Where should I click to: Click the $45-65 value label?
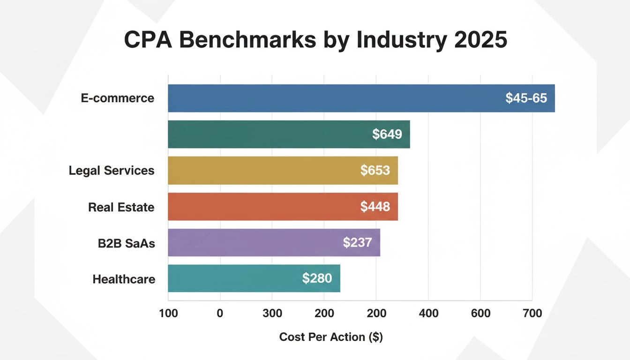coord(526,98)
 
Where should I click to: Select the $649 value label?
coord(387,135)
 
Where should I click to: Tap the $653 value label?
coord(375,171)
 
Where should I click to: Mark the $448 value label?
coord(375,207)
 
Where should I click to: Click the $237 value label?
coord(357,243)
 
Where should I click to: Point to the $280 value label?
coord(317,278)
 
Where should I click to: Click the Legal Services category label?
coord(112,171)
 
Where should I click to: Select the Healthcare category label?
coord(124,279)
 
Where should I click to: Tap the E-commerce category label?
coord(117,98)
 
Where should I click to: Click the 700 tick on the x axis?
coord(532,314)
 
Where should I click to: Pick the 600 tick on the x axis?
coord(480,314)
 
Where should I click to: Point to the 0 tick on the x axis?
coord(220,314)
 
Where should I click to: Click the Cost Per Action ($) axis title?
coord(331,337)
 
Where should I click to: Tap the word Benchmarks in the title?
coord(247,40)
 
